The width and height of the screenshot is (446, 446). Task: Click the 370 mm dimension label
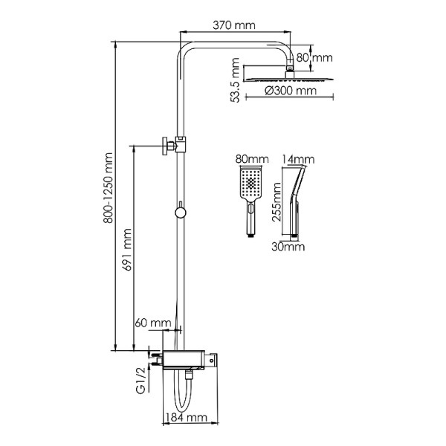pos(234,25)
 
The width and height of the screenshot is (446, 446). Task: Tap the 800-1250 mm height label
pos(108,188)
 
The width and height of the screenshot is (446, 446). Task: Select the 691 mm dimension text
pos(127,250)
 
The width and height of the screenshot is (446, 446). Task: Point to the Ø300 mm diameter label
pos(291,91)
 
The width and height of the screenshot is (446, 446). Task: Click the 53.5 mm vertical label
pos(235,80)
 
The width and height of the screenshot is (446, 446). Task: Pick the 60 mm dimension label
pos(153,323)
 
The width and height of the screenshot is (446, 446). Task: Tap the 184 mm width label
pos(187,418)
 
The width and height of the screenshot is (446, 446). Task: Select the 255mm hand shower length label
pos(277,202)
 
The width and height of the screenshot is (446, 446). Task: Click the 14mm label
pos(298,159)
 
